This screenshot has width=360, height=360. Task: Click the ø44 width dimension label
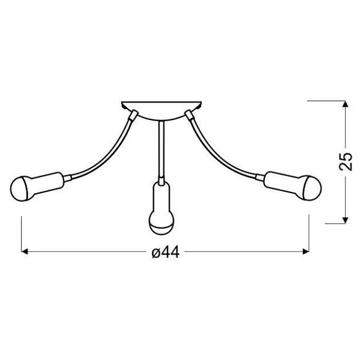point(166,253)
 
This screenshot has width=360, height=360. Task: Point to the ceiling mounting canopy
point(161,109)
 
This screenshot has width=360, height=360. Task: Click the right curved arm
point(222,153)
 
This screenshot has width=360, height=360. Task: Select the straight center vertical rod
point(160,150)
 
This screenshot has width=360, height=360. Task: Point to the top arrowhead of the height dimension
point(344,104)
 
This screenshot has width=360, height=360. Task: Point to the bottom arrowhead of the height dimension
point(344,220)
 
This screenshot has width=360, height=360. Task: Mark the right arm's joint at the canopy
point(188,114)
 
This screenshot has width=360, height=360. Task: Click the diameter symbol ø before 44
point(155,253)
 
